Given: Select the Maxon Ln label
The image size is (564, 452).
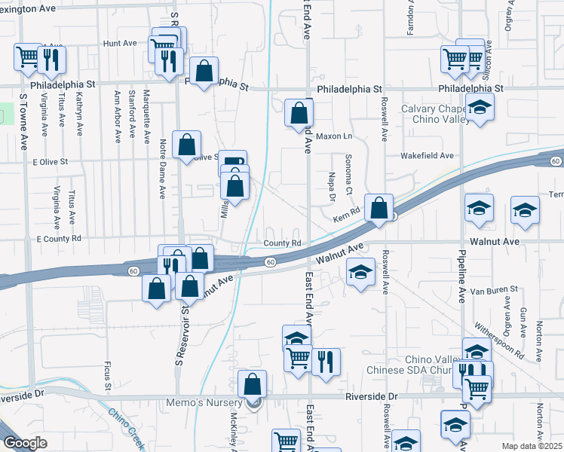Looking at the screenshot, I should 334,136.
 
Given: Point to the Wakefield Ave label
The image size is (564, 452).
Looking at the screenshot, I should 428,156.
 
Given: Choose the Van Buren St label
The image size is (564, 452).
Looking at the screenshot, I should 493,289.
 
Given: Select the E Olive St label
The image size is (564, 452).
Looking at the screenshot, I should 51,161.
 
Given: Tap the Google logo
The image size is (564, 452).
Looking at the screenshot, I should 25,443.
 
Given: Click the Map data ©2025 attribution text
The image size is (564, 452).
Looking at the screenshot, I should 532,446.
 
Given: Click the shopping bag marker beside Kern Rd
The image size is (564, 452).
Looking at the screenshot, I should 379,207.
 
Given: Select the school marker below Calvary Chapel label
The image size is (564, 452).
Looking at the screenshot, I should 480,107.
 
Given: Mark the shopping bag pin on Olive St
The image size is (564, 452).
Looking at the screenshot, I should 186,145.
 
